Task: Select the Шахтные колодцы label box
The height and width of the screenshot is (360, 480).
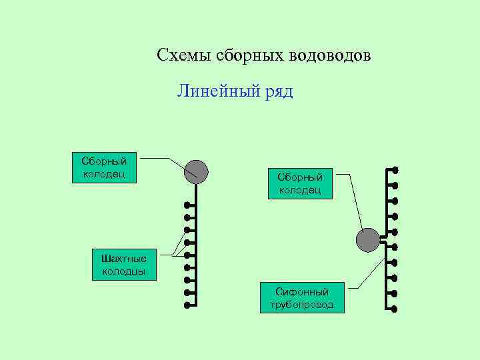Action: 124,265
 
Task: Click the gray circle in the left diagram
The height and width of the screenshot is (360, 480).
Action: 196,171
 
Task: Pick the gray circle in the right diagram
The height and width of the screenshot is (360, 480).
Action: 368,239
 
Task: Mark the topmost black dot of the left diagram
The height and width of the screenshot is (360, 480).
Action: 188,205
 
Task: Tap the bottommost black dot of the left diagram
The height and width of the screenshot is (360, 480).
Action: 188,305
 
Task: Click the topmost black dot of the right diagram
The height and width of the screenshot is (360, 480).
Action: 395,169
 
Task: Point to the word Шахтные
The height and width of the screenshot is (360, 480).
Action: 124,259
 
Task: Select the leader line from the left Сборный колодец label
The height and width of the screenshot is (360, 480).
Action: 160,159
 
